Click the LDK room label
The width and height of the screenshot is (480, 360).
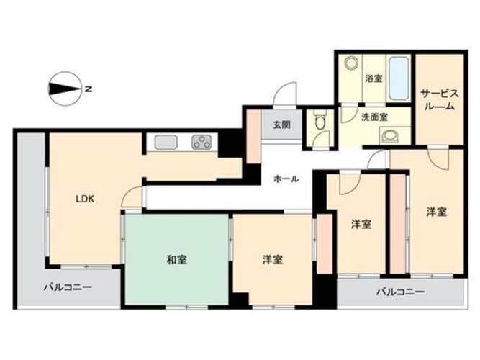click(x=85, y=199)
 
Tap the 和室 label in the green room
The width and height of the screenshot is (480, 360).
click(x=176, y=260)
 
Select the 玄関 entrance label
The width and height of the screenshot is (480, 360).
click(x=281, y=125)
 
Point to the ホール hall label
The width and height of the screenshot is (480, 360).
click(x=286, y=179)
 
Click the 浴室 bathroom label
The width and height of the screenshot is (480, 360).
click(x=373, y=78)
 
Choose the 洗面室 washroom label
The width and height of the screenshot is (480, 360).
click(x=374, y=117)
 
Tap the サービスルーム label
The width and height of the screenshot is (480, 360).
click(x=439, y=99)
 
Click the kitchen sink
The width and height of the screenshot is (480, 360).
click(x=166, y=143)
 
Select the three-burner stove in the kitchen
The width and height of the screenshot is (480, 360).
click(x=201, y=143)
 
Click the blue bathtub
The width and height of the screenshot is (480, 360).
click(x=399, y=78)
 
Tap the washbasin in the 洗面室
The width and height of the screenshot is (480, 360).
click(x=390, y=136)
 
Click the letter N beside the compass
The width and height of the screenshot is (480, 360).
click(x=89, y=89)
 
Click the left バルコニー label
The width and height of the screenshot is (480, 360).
click(x=68, y=288)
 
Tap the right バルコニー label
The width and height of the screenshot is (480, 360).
click(x=400, y=292)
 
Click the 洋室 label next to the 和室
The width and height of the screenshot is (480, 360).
click(x=273, y=260)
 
